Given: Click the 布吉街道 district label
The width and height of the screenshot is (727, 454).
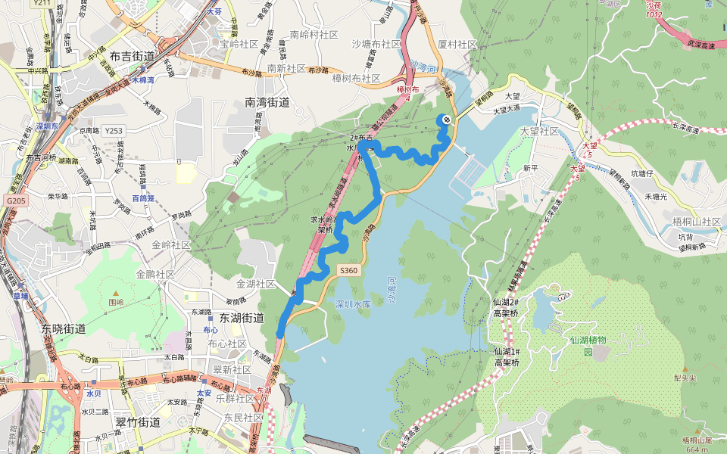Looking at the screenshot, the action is (132, 56).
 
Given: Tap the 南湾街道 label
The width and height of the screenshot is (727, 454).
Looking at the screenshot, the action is (267, 101).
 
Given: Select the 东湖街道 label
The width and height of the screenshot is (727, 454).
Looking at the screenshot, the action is (242, 318).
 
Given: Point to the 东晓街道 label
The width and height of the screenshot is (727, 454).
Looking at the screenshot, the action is (64, 329).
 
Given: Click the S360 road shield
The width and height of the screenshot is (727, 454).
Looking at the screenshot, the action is (348, 270).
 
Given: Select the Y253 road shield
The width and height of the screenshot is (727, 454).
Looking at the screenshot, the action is (114, 131).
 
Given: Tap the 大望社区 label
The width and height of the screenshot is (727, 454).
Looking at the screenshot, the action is (539, 132).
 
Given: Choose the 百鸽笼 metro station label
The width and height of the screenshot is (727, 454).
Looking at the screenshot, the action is (142, 198).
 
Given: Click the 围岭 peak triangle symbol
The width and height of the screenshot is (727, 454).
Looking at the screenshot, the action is (116, 291).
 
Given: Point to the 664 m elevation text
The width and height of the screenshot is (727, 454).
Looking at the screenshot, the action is (697, 449).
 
